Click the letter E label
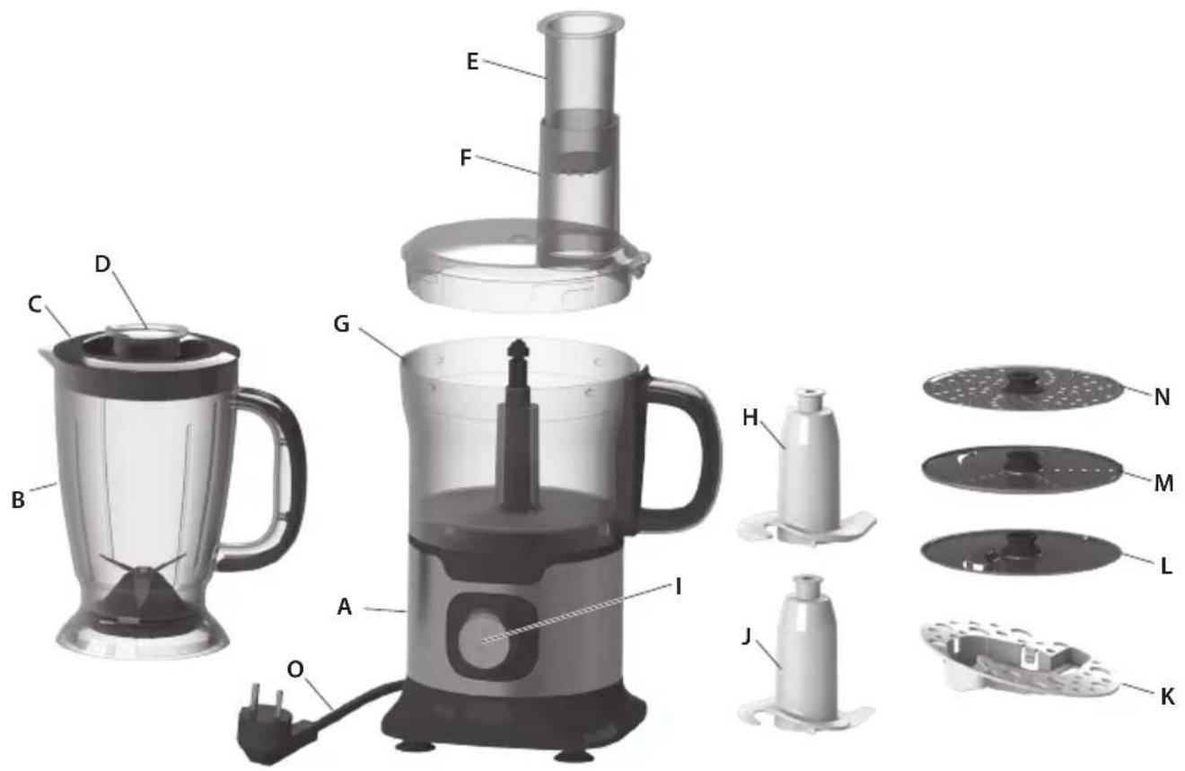point(472,63)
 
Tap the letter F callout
point(465,158)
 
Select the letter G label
point(341,324)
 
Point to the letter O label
point(295,670)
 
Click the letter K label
point(1167,697)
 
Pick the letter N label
point(1162,397)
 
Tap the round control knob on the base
point(481,639)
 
